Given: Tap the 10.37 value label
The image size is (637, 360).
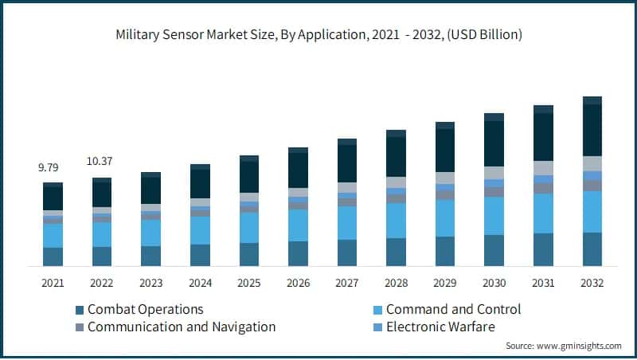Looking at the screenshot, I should point(100,162).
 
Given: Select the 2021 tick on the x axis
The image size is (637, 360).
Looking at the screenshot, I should point(53,283).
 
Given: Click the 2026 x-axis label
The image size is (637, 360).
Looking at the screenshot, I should point(298,283).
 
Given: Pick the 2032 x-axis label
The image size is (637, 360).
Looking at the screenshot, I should point(592,283).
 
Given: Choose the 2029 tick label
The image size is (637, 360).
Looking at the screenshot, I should point(445,283).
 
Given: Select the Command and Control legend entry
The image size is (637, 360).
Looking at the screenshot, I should point(453,309).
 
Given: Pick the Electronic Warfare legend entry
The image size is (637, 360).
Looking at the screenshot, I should point(440,327).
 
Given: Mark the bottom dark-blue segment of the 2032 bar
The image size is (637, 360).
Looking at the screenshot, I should point(592,248).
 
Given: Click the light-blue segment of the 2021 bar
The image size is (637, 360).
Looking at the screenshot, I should point(53,236).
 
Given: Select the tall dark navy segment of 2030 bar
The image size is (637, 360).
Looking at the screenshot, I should point(494,143).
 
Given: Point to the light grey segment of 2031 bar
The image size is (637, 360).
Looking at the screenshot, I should point(543,168).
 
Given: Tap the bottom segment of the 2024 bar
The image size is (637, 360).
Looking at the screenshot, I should point(200,255).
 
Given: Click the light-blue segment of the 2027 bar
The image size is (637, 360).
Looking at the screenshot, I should point(347,223).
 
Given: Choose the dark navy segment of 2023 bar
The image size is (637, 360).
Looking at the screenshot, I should point(150,190).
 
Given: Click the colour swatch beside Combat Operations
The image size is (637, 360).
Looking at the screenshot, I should point(80,310).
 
